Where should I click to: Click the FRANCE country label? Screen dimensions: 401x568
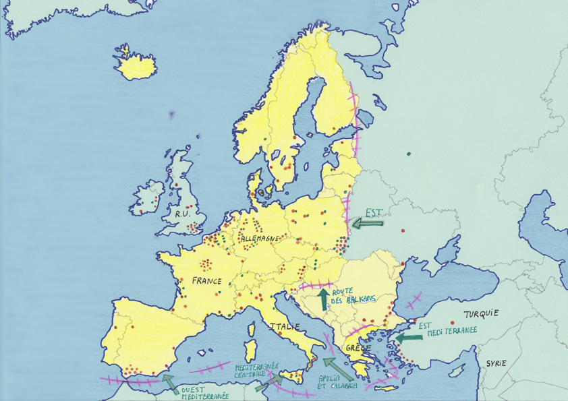pyautogui.click(x=207, y=280)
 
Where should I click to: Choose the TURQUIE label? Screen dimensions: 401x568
pyautogui.click(x=480, y=313)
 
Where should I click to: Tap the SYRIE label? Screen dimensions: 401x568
pyautogui.click(x=494, y=363)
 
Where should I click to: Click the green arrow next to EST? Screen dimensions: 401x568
pyautogui.click(x=369, y=223)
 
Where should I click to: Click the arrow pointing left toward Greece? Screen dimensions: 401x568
pyautogui.click(x=407, y=338)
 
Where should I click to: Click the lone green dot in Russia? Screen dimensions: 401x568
pyautogui.click(x=409, y=154)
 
